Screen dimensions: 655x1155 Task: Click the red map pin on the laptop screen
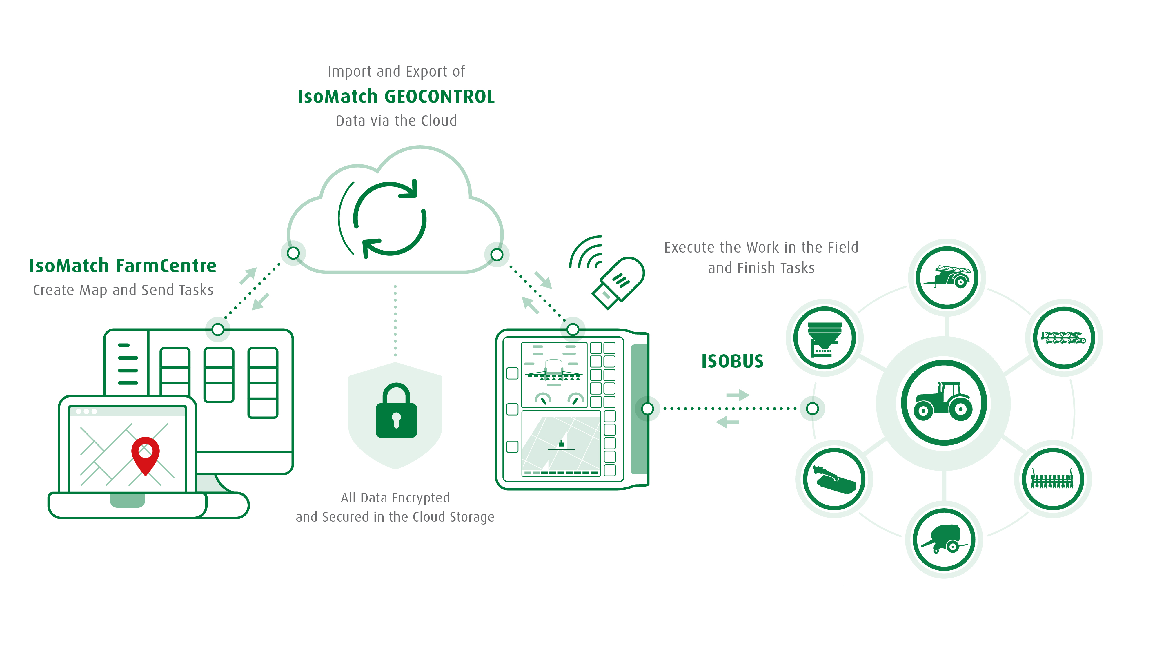point(145,453)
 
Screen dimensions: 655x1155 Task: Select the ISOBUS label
point(732,361)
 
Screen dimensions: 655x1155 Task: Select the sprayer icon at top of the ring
point(947,277)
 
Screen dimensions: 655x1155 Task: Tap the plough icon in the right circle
point(1063,338)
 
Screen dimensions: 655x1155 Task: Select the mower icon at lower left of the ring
point(834,479)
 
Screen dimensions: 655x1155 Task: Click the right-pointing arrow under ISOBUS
point(738,395)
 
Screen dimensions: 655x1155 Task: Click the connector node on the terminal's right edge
point(647,409)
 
